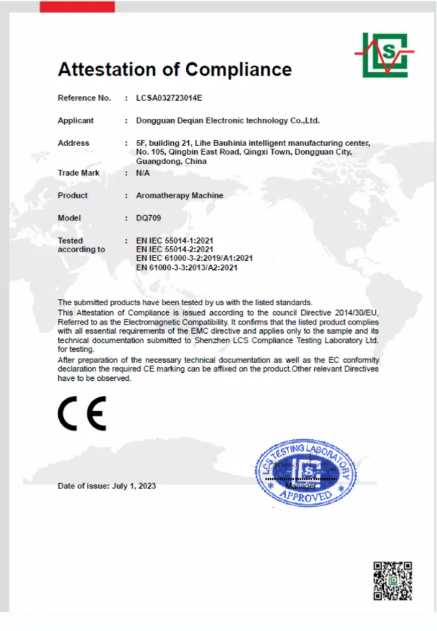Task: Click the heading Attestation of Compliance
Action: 174,69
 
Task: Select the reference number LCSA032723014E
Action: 168,98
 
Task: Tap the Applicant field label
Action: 76,121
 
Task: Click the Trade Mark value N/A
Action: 143,173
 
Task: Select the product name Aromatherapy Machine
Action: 179,196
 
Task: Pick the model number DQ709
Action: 149,218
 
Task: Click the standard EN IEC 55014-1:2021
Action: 174,240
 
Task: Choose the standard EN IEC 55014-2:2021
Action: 174,249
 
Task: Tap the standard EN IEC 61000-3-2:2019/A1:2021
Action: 194,258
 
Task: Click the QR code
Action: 393,581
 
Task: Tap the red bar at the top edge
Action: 77,6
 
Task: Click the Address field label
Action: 73,143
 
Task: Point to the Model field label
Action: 69,218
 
